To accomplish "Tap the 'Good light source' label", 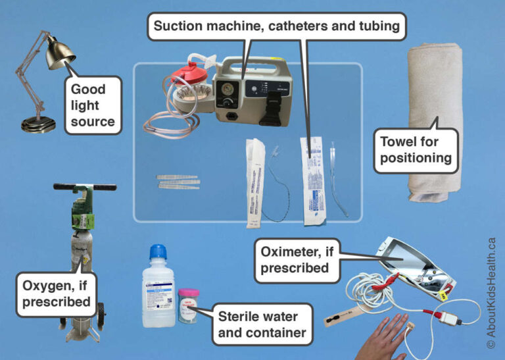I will [x=93, y=105].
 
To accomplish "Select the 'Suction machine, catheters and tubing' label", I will [x=277, y=27].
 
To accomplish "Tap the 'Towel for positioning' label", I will [x=415, y=149].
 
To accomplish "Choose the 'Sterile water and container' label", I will [x=261, y=324].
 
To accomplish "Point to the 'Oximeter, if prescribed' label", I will [x=295, y=260].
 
